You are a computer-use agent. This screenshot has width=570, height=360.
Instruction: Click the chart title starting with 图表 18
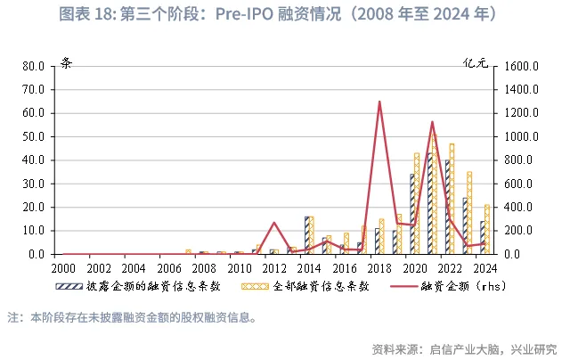[285, 15]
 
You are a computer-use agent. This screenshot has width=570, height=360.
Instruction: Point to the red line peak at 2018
[379, 102]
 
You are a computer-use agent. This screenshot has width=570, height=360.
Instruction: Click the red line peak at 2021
[432, 122]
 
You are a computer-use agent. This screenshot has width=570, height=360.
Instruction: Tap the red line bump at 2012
[274, 223]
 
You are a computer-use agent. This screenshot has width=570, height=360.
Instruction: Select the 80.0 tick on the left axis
[33, 66]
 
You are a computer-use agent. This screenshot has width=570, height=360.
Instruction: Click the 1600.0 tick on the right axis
[521, 66]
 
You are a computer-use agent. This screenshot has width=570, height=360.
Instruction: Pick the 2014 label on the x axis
[309, 267]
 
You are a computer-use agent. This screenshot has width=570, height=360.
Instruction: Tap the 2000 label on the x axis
[63, 267]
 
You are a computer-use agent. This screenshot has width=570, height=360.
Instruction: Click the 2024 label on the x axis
[484, 267]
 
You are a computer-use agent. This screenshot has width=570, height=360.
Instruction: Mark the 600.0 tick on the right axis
[521, 184]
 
